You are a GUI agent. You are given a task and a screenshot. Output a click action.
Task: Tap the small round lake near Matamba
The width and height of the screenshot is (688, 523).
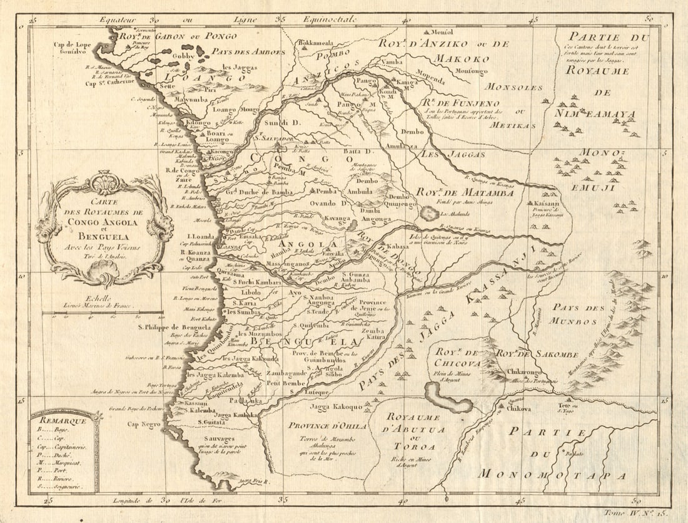(429, 214)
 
